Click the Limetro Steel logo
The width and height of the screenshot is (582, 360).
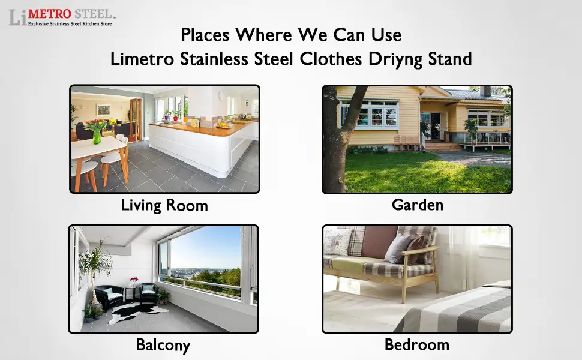pos(62,17)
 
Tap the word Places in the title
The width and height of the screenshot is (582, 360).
pos(205,35)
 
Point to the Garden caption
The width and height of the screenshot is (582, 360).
pos(418,205)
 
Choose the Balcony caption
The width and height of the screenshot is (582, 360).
pos(163,345)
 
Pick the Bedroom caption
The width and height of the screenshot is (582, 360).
pos(417,345)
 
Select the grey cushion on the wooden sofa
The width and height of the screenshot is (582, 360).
pos(397,248)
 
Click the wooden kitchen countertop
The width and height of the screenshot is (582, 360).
pos(203,127)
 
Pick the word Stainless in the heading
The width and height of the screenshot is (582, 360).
pos(214,59)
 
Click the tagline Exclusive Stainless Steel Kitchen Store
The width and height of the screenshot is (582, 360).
pos(70,24)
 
